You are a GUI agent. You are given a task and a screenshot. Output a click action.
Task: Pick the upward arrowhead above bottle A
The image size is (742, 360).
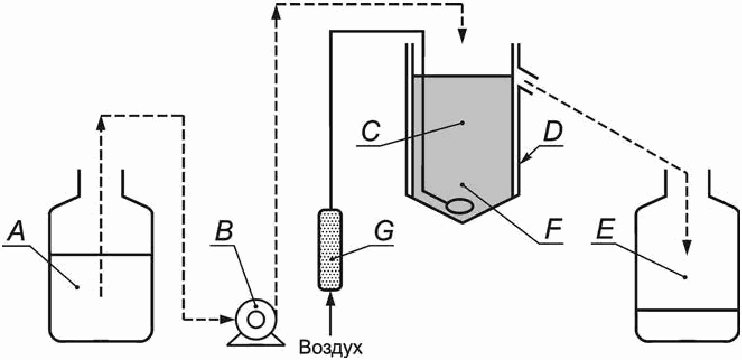coord(101,121)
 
